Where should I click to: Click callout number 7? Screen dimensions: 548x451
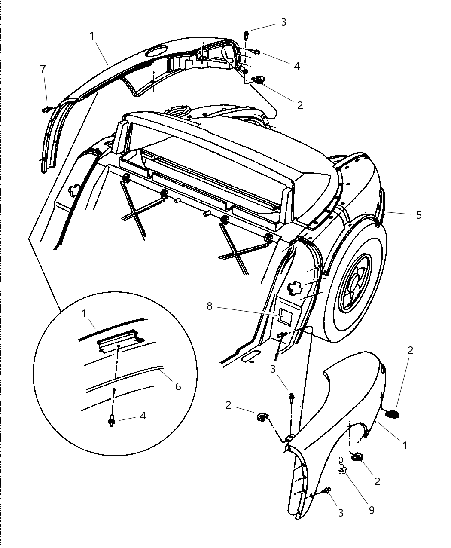click(43, 69)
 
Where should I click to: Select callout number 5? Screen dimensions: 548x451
click(419, 215)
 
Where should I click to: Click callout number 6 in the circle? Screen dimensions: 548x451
click(178, 386)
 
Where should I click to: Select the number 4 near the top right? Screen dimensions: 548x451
click(296, 66)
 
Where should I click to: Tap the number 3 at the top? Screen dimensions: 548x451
click(283, 22)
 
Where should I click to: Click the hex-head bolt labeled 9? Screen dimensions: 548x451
click(342, 466)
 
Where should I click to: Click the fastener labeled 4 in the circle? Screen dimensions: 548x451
click(113, 421)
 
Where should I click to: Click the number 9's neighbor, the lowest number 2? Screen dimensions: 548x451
click(377, 481)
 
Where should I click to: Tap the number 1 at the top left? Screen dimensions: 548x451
click(92, 36)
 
